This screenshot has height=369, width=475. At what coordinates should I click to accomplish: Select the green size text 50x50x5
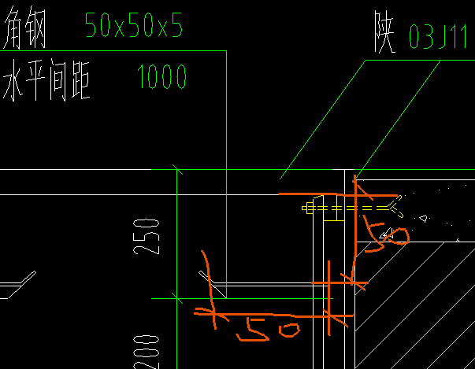click(x=133, y=28)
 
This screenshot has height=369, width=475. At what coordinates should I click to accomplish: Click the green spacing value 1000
click(x=161, y=77)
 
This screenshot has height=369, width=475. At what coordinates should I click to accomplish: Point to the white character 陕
click(x=385, y=35)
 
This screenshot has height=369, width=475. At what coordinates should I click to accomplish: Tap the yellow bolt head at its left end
click(x=308, y=208)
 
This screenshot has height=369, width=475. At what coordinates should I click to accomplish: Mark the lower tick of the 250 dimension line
click(x=177, y=298)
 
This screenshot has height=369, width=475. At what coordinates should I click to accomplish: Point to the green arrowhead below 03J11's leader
click(x=357, y=178)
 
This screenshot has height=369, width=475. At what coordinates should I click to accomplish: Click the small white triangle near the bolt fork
click(x=423, y=217)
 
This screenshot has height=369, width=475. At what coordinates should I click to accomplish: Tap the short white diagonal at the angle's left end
click(x=207, y=277)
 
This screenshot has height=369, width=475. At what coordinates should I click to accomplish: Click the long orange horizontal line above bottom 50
click(x=268, y=315)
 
